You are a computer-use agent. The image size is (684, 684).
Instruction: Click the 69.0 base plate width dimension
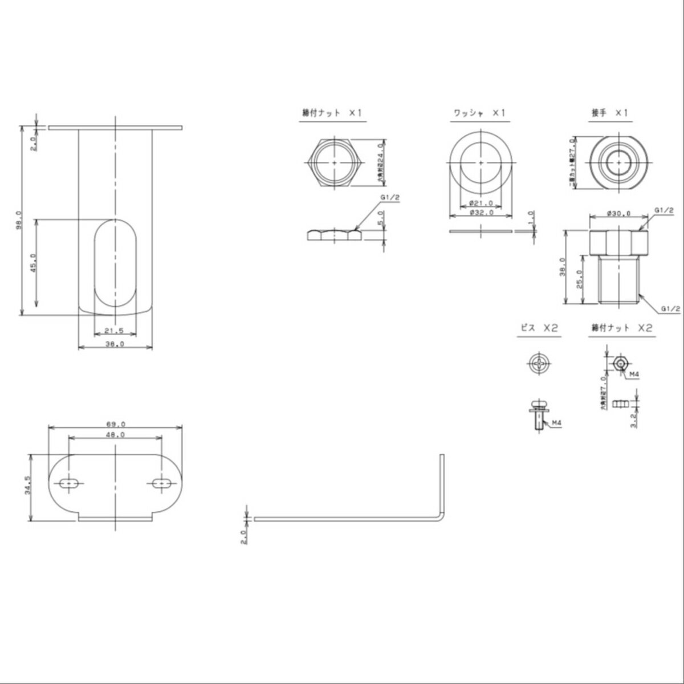tap(116, 424)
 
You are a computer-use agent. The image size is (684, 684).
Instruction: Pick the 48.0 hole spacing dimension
tap(116, 434)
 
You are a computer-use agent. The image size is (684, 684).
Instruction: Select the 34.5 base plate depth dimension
tap(27, 486)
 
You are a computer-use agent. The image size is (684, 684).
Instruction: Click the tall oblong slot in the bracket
tap(116, 266)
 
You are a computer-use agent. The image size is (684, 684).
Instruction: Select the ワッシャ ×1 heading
tap(479, 113)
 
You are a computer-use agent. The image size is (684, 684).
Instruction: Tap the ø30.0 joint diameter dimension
tap(618, 214)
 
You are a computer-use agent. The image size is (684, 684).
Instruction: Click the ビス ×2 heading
tap(538, 328)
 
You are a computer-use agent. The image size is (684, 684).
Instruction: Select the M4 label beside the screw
tap(555, 423)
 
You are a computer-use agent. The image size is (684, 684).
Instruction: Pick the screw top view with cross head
tap(538, 363)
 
